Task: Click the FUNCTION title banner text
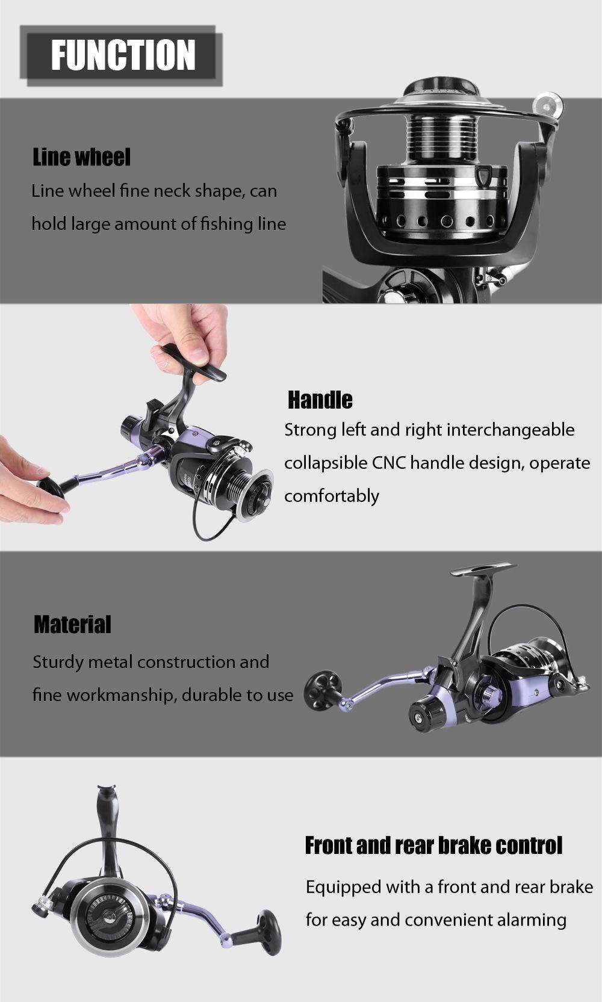(123, 55)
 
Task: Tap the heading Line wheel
(81, 157)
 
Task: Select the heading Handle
(320, 400)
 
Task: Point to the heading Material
(72, 625)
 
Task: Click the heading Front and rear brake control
(433, 846)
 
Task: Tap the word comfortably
(332, 496)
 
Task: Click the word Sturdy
(58, 662)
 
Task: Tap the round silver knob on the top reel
(550, 105)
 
